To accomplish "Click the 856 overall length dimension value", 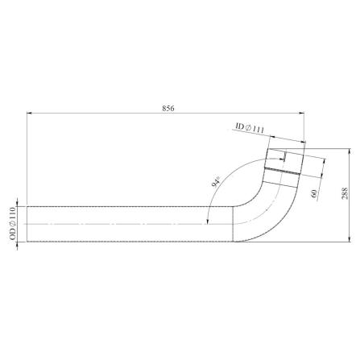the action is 168,109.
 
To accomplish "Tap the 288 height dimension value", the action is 345,193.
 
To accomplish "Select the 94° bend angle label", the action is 216,182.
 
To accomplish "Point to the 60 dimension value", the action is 315,193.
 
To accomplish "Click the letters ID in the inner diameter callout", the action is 240,126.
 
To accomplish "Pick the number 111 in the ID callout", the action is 259,130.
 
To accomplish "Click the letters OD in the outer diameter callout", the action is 13,234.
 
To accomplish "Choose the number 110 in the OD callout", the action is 13,213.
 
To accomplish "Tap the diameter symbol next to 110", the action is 13,225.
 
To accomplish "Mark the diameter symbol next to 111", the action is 248,127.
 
